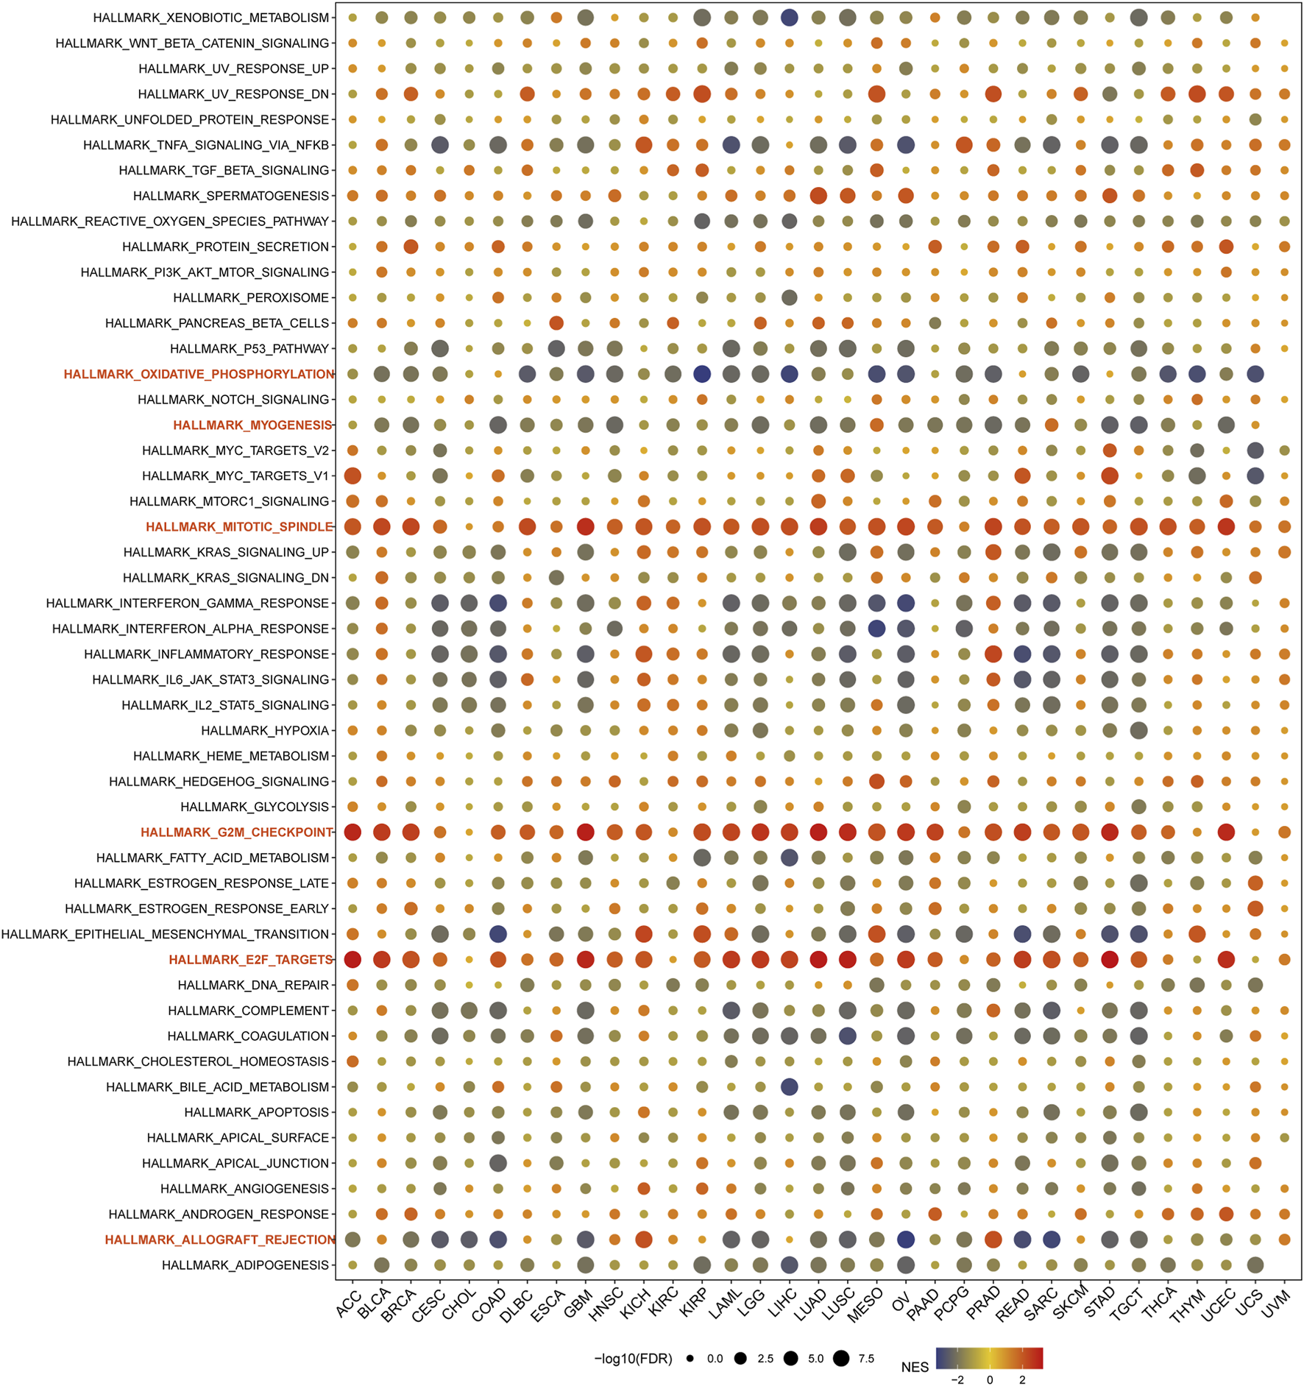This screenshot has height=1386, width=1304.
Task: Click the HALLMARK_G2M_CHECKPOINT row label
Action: (x=236, y=832)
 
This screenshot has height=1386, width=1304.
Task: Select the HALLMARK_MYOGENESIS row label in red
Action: (x=252, y=425)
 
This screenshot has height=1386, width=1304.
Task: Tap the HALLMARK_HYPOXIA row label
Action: (x=265, y=731)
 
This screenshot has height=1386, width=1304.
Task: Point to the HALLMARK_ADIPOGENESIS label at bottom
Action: (x=245, y=1265)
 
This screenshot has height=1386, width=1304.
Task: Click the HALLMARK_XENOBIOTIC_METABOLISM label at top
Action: (x=210, y=18)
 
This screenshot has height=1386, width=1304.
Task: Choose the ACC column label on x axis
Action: (x=347, y=1304)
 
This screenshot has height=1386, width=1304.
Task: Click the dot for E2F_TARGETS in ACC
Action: (x=352, y=960)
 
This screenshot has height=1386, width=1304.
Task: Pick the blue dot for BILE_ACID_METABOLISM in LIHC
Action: (x=789, y=1087)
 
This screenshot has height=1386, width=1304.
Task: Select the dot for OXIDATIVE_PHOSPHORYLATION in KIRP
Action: (x=702, y=374)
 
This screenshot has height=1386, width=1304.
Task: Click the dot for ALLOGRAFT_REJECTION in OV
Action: (x=906, y=1240)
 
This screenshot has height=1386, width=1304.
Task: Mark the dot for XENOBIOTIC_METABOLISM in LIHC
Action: (x=789, y=18)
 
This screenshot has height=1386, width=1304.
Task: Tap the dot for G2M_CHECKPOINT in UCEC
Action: (x=1226, y=832)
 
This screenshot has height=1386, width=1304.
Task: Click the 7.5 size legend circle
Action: (x=841, y=1359)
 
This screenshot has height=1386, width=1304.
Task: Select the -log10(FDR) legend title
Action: (x=633, y=1359)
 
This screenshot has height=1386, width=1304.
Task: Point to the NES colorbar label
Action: (x=914, y=1367)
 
